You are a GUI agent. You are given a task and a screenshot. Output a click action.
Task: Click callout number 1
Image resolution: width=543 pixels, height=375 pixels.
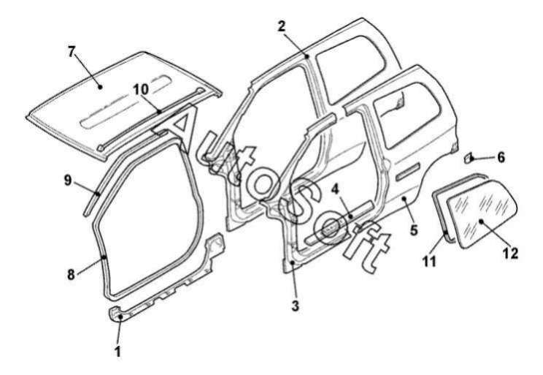[118, 351]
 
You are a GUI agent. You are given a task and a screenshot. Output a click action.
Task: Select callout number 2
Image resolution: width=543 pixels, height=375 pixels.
[282, 26]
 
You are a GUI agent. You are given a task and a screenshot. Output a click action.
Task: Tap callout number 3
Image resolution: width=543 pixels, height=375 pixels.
[295, 306]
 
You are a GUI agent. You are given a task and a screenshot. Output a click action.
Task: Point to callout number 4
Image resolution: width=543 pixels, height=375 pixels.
[334, 189]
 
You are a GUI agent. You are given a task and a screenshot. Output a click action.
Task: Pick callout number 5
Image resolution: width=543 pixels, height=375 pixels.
[414, 230]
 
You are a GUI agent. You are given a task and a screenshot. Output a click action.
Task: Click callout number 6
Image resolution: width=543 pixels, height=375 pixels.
[501, 157]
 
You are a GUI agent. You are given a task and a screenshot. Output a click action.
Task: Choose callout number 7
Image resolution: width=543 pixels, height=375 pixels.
[72, 52]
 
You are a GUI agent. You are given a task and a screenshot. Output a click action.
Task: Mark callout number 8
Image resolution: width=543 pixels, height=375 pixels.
[71, 275]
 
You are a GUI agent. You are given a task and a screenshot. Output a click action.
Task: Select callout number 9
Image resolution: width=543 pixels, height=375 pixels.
[68, 180]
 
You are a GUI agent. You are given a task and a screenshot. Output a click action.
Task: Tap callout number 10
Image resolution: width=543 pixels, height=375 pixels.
[141, 89]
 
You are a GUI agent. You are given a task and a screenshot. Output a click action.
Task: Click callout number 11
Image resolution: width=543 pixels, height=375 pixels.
[429, 261]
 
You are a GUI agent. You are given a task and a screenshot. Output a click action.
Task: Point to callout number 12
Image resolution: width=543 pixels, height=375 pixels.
[511, 253]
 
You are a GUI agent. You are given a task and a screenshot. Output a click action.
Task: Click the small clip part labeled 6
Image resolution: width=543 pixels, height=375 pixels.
[469, 157]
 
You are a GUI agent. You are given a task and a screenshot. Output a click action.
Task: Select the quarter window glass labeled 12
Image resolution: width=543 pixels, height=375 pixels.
[482, 213]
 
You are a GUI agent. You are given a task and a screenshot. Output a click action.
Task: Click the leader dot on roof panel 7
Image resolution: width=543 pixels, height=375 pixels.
[100, 87]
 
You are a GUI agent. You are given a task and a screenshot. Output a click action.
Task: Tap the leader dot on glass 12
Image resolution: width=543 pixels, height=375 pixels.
[481, 221]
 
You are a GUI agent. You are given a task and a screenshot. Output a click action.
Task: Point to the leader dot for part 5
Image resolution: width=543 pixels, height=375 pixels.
[404, 198]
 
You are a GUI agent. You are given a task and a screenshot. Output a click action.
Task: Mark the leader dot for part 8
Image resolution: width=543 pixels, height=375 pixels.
[104, 257]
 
